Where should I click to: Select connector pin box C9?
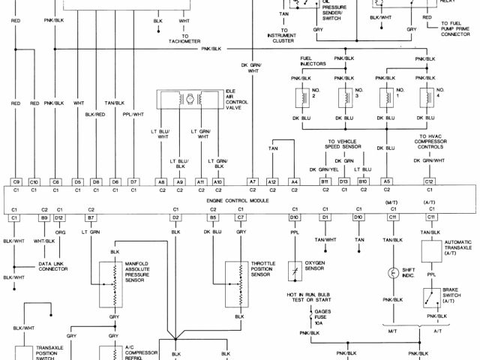[16, 181]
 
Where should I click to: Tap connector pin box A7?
[253, 181]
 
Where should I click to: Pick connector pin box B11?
[325, 181]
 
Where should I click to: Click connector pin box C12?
[429, 181]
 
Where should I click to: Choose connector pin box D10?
[295, 217]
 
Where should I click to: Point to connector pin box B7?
[91, 217]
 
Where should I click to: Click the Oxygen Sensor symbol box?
[295, 267]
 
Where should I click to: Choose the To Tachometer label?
[184, 39]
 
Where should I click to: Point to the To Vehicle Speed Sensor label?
[344, 142]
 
